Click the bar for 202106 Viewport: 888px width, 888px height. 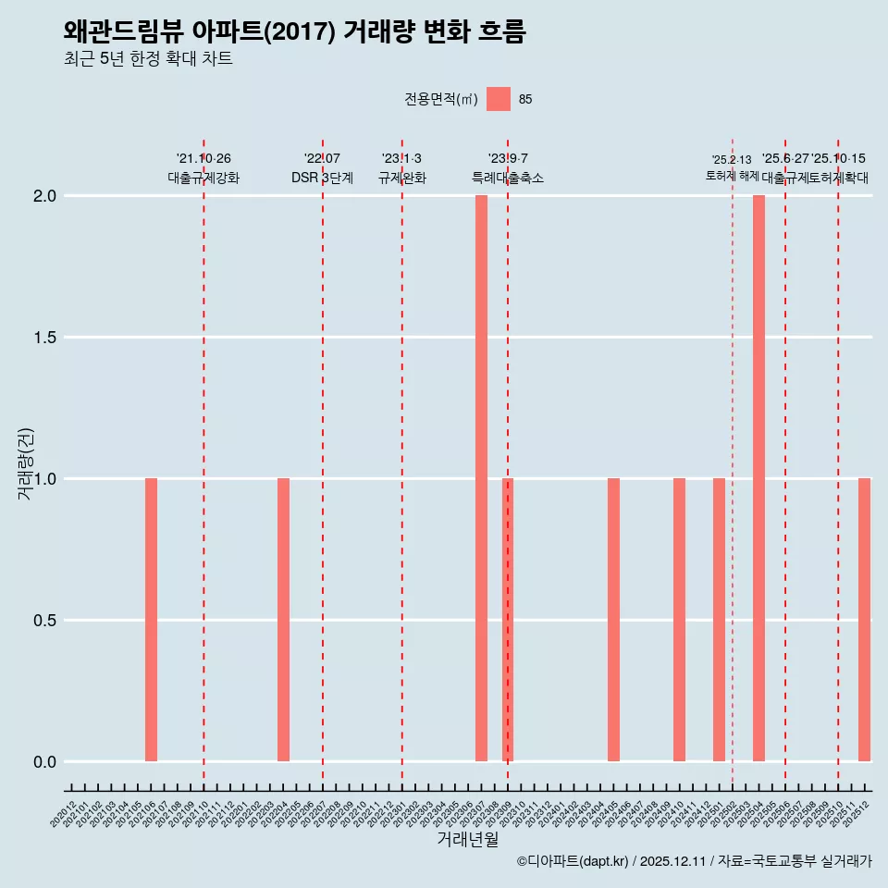pyautogui.click(x=151, y=620)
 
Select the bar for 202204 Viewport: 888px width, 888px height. pyautogui.click(x=283, y=620)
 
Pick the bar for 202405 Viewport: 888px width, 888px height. pyautogui.click(x=613, y=620)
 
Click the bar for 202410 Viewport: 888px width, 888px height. pyautogui.click(x=679, y=620)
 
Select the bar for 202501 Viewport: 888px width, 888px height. pyautogui.click(x=719, y=620)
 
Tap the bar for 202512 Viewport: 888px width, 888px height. pyautogui.click(x=864, y=620)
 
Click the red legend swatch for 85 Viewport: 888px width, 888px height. pyautogui.click(x=499, y=99)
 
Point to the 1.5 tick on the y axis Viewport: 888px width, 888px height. pyautogui.click(x=44, y=338)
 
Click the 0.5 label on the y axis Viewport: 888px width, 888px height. pyautogui.click(x=44, y=621)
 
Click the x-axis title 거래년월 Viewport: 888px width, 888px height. pyautogui.click(x=467, y=840)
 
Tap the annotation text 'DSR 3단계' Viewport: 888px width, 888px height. pyautogui.click(x=322, y=178)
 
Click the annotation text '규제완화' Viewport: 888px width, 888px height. pyautogui.click(x=401, y=178)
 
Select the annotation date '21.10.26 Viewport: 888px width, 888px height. pyautogui.click(x=203, y=158)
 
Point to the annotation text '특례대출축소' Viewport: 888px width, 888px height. pyautogui.click(x=508, y=178)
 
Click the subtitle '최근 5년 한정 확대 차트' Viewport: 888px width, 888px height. pyautogui.click(x=148, y=59)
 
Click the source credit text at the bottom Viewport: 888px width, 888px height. pyautogui.click(x=694, y=861)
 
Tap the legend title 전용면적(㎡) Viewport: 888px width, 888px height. pyautogui.click(x=440, y=99)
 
